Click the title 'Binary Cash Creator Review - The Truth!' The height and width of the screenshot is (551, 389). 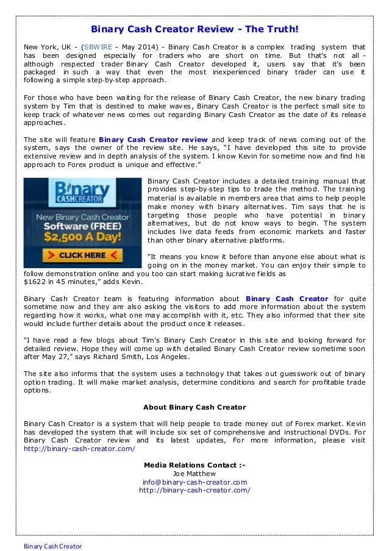(x=194, y=28)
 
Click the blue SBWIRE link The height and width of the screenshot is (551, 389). (x=99, y=47)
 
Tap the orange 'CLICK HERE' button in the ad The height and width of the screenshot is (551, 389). (x=83, y=254)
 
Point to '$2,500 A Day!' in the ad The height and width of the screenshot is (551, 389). (x=83, y=235)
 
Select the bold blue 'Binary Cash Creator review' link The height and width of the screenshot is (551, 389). (x=153, y=138)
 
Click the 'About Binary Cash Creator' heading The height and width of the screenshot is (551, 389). (x=194, y=407)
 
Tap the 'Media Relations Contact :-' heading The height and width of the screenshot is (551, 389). (x=194, y=465)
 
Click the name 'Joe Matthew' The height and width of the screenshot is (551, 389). (x=194, y=473)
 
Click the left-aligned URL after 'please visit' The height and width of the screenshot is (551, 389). (x=79, y=448)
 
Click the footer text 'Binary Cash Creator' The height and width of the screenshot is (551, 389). (x=53, y=546)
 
